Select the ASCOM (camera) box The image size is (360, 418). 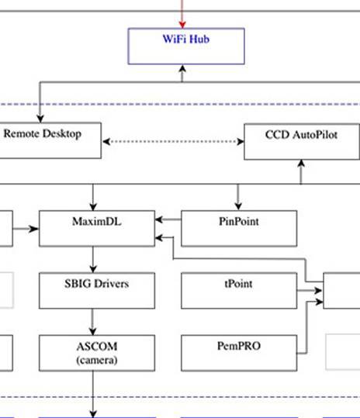(x=96, y=352)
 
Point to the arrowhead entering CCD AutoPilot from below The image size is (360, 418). (x=302, y=164)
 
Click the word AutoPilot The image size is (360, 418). (x=316, y=134)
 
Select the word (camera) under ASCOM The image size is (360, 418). (x=96, y=359)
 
